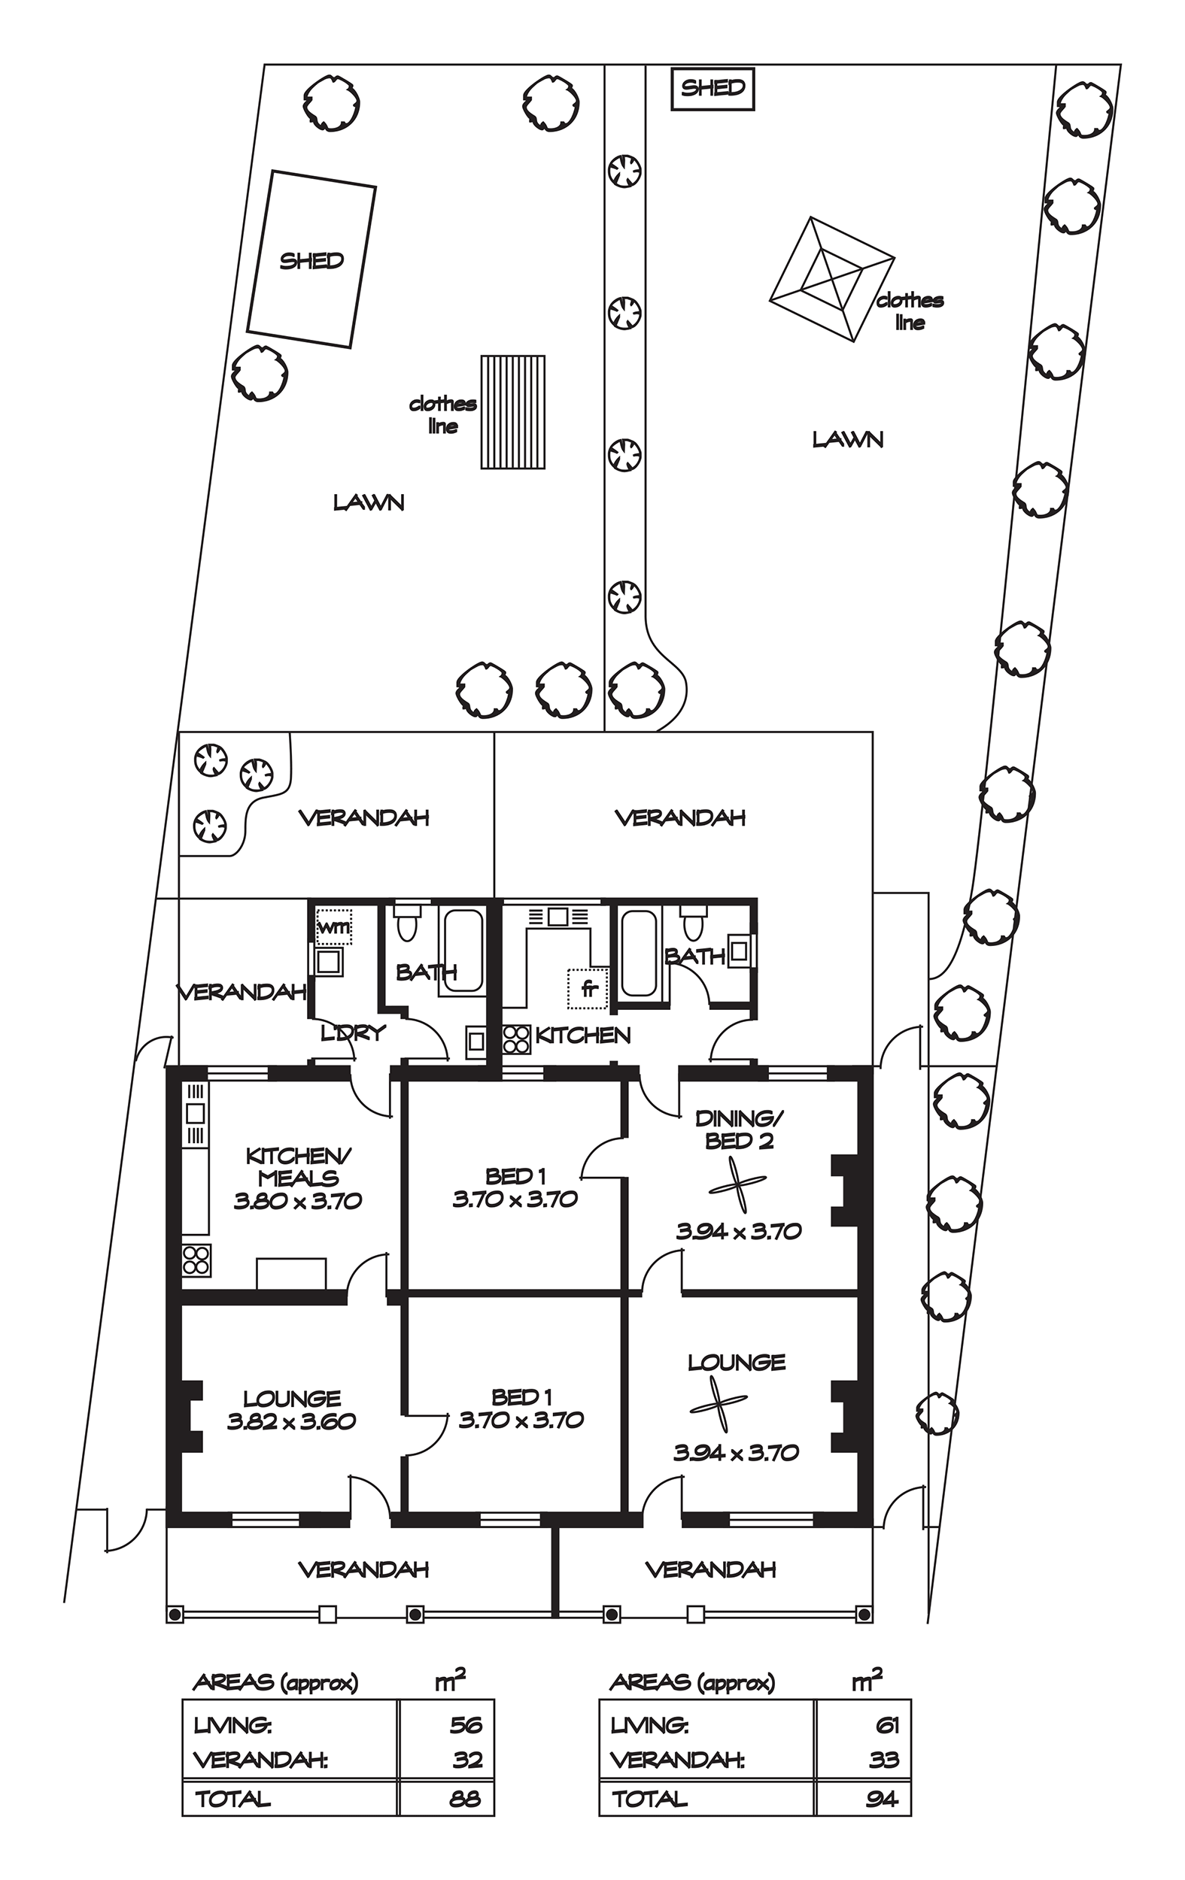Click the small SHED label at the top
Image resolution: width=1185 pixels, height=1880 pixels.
click(x=713, y=87)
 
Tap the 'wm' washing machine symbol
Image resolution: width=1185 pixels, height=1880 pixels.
click(x=333, y=926)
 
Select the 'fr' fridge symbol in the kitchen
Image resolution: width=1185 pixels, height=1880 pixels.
click(x=588, y=988)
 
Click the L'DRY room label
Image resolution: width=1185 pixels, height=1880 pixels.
click(x=353, y=1033)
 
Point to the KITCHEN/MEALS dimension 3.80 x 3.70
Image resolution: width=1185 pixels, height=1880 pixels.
click(x=298, y=1200)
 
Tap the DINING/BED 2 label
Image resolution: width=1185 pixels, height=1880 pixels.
click(x=739, y=1130)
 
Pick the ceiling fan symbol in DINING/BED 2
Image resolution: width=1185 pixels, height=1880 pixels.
click(x=737, y=1185)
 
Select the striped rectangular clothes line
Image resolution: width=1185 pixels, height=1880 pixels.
click(x=512, y=411)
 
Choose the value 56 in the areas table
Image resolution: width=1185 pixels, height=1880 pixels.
click(x=466, y=1724)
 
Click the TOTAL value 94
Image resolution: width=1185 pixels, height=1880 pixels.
click(x=882, y=1799)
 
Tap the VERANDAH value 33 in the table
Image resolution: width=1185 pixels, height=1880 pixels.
click(x=883, y=1760)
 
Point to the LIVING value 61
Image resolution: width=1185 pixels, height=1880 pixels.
click(x=888, y=1724)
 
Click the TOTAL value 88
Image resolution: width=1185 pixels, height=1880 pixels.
click(x=466, y=1799)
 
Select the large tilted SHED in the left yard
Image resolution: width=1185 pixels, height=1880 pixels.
click(x=311, y=259)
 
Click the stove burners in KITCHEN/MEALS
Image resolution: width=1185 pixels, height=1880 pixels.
click(x=196, y=1260)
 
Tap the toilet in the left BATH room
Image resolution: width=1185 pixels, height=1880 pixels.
click(x=407, y=923)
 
